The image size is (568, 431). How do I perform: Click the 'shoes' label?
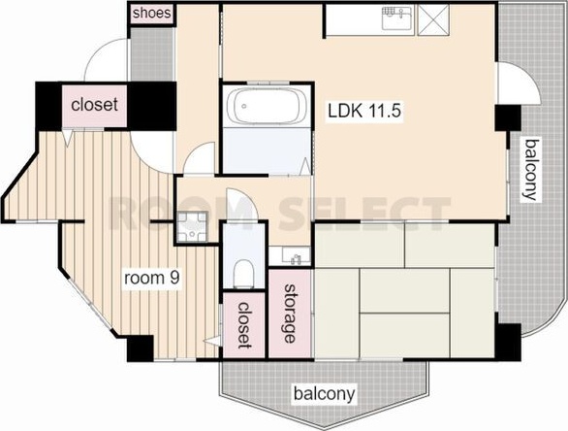pyautogui.click(x=151, y=14)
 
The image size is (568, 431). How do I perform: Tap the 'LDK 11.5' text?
pyautogui.click(x=364, y=111)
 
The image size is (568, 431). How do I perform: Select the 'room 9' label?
pyautogui.click(x=152, y=279)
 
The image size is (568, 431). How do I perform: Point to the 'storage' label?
pyautogui.click(x=290, y=314)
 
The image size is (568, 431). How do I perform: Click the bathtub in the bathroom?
pyautogui.click(x=267, y=106)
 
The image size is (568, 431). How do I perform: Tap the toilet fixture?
pyautogui.click(x=243, y=273)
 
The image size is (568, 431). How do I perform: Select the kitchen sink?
pyautogui.click(x=397, y=18)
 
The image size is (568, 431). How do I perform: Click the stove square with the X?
pyautogui.click(x=433, y=20)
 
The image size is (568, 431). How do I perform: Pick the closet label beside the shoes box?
pyautogui.click(x=95, y=105)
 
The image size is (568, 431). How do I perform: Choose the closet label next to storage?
pyautogui.click(x=244, y=325)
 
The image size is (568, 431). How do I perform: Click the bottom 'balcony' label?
pyautogui.click(x=324, y=394)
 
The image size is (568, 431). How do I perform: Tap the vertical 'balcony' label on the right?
pyautogui.click(x=531, y=170)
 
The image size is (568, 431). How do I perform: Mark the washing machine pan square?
pyautogui.click(x=192, y=227)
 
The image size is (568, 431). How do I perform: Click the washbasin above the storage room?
pyautogui.click(x=290, y=255)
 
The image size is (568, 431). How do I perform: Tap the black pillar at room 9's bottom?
pyautogui.click(x=141, y=348)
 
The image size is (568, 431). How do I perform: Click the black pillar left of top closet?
pyautogui.click(x=48, y=106)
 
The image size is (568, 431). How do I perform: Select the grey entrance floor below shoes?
pyautogui.click(x=151, y=54)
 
